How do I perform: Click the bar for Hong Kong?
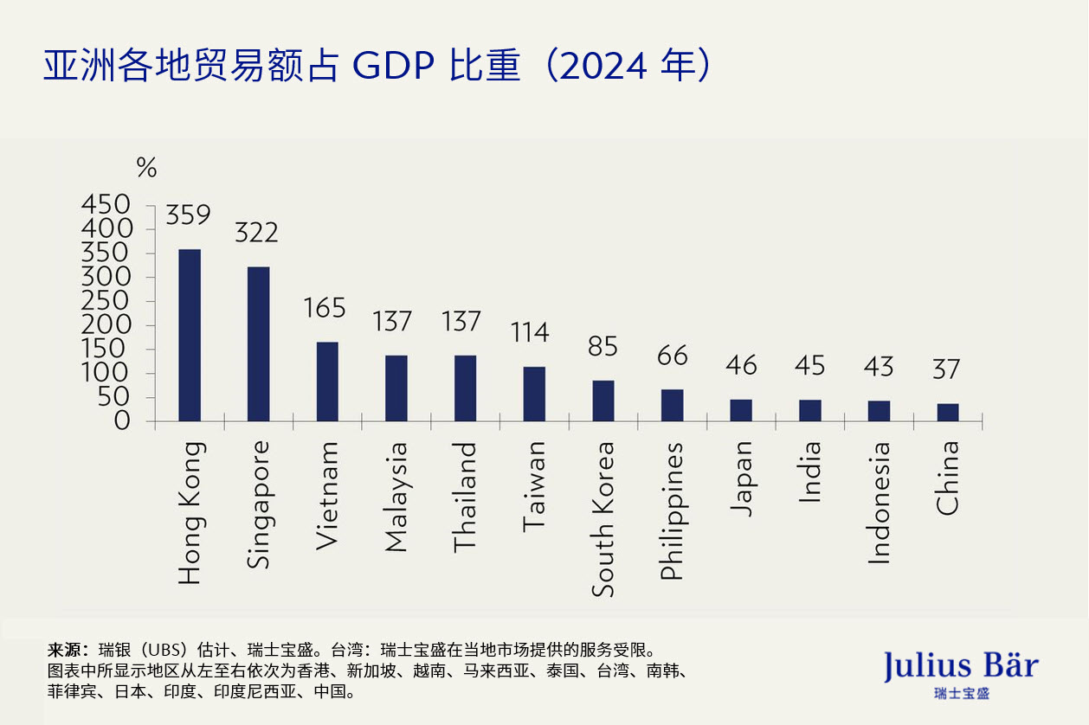(190, 335)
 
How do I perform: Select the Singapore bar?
(258, 343)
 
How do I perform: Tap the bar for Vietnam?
(327, 382)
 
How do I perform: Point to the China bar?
(948, 412)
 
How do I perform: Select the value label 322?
(257, 233)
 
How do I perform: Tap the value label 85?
(603, 347)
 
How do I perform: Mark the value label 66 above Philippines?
(672, 356)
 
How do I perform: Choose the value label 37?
(947, 369)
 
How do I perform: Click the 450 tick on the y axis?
(106, 204)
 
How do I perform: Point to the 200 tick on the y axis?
(106, 324)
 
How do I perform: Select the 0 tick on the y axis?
(122, 421)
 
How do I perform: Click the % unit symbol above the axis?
(146, 168)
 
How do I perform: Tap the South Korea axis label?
(603, 518)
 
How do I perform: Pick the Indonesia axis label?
(879, 502)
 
